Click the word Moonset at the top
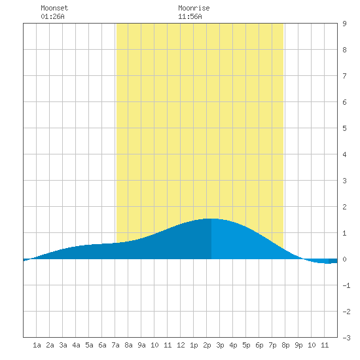point(54,8)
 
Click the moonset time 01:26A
point(52,16)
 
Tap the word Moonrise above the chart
point(194,8)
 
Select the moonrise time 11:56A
point(190,16)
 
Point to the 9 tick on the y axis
point(344,24)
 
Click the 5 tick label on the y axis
point(344,128)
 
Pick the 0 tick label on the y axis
point(344,259)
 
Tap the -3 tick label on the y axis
point(346,338)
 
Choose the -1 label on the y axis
point(346,285)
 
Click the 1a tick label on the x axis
point(37,345)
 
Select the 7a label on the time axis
point(115,345)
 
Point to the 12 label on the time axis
point(181,345)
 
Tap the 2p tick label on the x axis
point(207,345)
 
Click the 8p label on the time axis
point(285,345)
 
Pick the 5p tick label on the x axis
point(246,345)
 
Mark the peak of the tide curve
point(211,219)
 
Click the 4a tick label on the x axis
point(76,345)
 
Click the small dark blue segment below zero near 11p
point(333,261)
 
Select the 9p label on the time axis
point(298,345)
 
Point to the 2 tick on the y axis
point(344,207)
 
